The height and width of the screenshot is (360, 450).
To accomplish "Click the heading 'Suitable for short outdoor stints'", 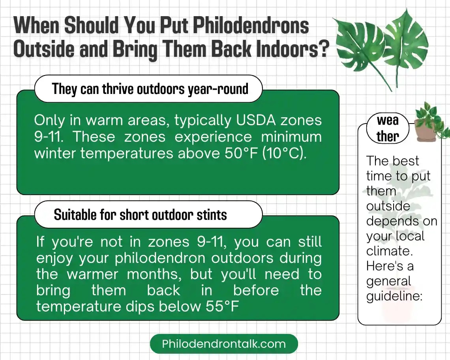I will tap(140, 215).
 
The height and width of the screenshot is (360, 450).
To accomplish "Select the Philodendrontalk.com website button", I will tap(224, 343).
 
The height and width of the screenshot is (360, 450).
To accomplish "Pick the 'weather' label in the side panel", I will tap(387, 128).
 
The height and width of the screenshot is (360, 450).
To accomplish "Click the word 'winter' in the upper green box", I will tap(55, 153).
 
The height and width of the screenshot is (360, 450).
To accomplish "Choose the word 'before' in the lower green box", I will tap(256, 291).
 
